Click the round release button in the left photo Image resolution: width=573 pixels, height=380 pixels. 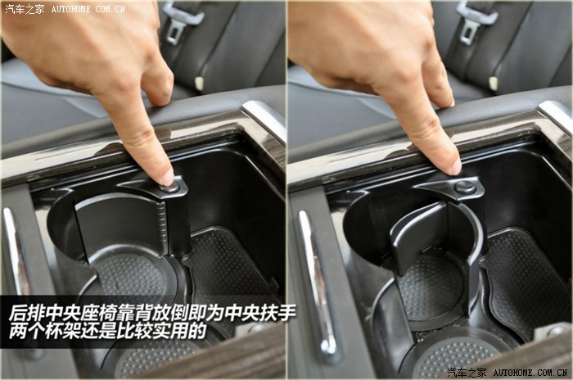pyautogui.click(x=170, y=188)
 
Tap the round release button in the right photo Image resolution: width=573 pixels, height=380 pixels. pyautogui.click(x=465, y=187)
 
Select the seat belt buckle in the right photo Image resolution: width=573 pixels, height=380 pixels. pyautogui.click(x=475, y=21)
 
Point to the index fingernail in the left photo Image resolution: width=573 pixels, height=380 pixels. pyautogui.click(x=168, y=178)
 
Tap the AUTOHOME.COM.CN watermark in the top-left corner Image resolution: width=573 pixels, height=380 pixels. pyautogui.click(x=88, y=9)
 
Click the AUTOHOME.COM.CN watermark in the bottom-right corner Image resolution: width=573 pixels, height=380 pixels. pyautogui.click(x=530, y=373)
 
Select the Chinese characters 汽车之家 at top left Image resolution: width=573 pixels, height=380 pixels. pyautogui.click(x=25, y=9)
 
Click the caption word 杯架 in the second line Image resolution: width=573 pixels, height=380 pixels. pyautogui.click(x=61, y=331)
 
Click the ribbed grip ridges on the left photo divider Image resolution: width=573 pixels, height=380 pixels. pyautogui.click(x=161, y=223)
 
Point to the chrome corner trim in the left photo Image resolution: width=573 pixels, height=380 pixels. pyautogui.click(x=264, y=119)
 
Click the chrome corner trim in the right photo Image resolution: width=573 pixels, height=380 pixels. pyautogui.click(x=556, y=117)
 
